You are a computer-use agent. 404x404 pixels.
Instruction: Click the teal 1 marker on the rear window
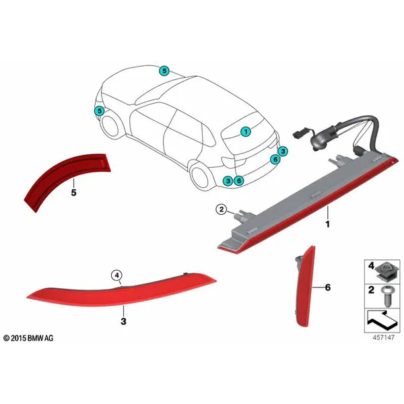pos(246,132)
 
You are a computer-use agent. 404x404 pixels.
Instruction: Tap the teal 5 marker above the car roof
pos(164,71)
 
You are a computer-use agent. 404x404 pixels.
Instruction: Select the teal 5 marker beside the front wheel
pos(99,111)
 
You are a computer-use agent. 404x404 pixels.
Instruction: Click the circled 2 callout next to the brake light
pos(222,209)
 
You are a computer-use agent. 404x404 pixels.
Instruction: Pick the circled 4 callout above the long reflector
pos(117,275)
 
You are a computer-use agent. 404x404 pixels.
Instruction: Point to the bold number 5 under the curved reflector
pos(73,193)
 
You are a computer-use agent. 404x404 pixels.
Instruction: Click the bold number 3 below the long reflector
pos(123,321)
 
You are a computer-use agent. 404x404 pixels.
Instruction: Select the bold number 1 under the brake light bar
pos(327,224)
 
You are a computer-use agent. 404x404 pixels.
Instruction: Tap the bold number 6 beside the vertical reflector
pos(328,288)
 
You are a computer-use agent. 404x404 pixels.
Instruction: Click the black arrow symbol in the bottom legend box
pos(382,321)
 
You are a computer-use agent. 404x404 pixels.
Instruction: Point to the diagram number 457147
pos(383,337)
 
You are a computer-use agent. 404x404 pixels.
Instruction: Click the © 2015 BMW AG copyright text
pos(28,338)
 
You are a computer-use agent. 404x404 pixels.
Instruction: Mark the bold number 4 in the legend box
pos(371,266)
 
